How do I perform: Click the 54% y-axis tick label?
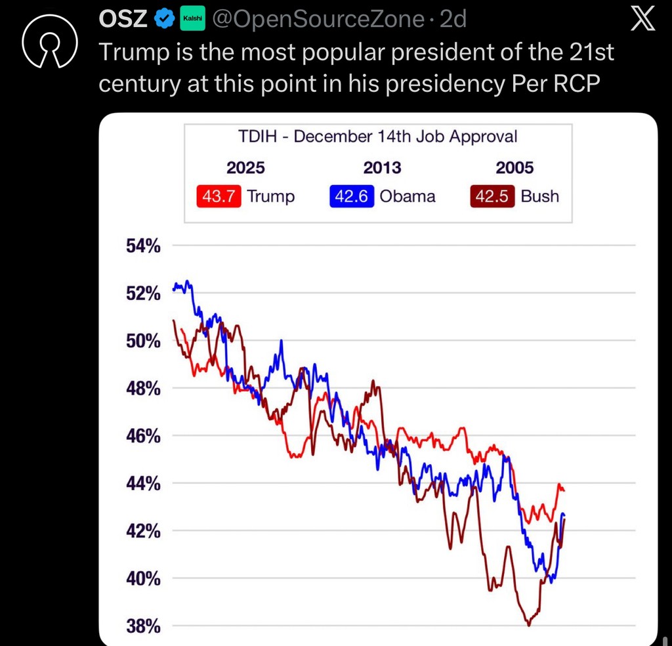pos(143,246)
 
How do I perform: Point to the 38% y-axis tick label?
pos(143,626)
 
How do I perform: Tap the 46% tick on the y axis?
pos(143,436)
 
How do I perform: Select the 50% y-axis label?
pos(143,341)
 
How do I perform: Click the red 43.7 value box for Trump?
pos(220,196)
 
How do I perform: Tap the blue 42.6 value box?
pos(351,196)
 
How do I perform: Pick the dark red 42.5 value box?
pos(493,196)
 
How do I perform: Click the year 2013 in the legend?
pos(382,167)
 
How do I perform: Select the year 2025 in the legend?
pos(245,167)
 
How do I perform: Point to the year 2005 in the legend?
pos(514,167)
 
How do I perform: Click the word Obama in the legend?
pos(407,196)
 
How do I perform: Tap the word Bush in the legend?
pos(539,196)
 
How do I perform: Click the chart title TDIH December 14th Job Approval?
pos(377,137)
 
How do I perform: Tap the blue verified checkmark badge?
pos(162,20)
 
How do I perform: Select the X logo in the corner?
pos(642,20)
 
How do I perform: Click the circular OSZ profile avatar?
pos(50,43)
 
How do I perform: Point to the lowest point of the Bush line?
pos(528,625)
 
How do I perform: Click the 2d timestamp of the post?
pos(453,20)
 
